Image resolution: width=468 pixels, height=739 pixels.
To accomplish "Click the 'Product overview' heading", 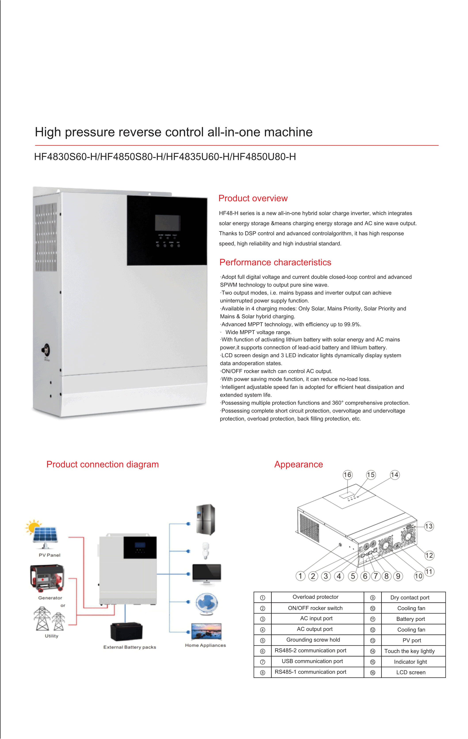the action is (253, 198).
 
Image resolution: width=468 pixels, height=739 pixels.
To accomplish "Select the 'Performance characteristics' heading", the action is (275, 262).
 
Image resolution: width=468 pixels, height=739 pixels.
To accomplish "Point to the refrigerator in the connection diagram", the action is (205, 519).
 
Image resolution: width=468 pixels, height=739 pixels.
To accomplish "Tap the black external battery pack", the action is (126, 632).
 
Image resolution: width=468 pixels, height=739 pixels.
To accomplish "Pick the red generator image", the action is (47, 578).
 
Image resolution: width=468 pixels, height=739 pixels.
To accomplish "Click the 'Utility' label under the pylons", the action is (52, 636).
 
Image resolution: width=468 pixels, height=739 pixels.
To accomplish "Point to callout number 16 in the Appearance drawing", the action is (347, 475).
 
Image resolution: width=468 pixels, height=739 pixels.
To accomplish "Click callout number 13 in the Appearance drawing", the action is (429, 526).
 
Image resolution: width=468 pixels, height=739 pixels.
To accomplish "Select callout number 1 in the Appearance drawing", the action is (300, 576).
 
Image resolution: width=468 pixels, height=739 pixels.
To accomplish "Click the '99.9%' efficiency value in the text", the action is (352, 324).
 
